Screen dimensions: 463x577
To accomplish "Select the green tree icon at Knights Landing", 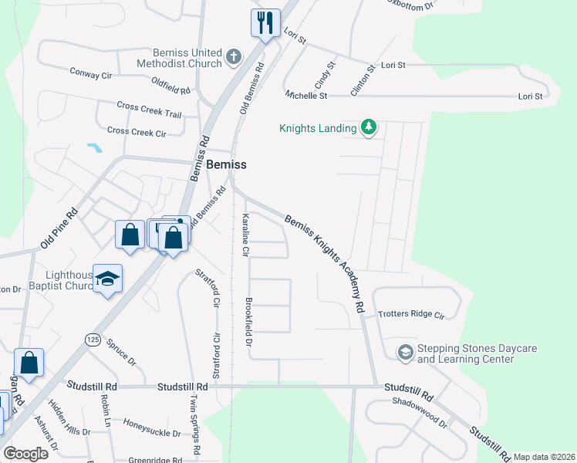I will click(369, 127).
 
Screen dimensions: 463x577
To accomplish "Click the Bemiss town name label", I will click(227, 165).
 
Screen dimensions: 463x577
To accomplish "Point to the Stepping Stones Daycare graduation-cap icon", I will click(405, 353).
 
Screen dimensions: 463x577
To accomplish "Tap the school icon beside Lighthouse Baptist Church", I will click(108, 279).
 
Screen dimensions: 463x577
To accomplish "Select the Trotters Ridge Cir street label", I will click(412, 315).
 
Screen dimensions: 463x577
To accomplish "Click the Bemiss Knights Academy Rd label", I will click(324, 262).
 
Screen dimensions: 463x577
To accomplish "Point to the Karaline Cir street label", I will click(246, 235).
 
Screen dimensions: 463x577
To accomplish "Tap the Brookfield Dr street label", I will click(249, 321).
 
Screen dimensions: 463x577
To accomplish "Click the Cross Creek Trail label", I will click(149, 110).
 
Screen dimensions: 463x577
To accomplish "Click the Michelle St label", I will click(306, 96).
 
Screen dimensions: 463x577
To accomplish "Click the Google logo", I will click(25, 453).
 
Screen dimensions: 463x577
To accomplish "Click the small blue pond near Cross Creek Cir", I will click(95, 147).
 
